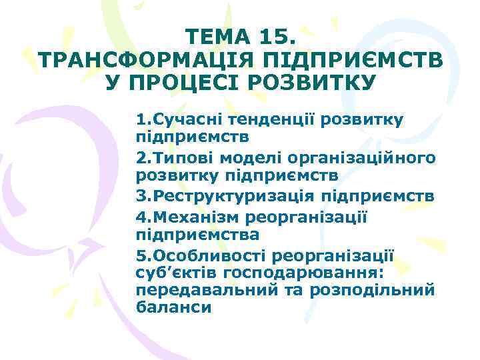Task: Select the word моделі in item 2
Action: click(253, 159)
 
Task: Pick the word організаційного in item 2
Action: click(364, 159)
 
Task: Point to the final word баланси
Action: click(173, 308)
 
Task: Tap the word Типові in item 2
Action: click(183, 159)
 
